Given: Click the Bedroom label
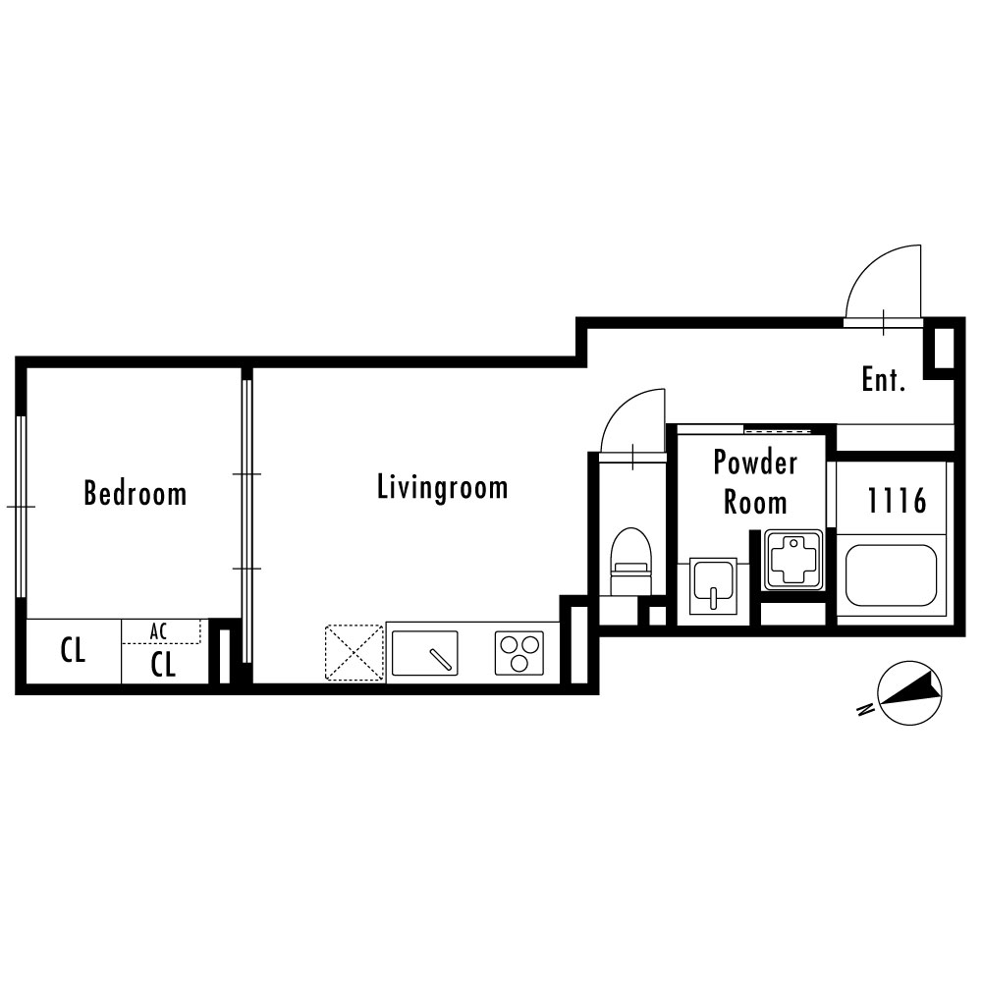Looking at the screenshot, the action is tap(136, 493).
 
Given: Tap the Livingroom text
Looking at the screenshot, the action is tap(442, 488).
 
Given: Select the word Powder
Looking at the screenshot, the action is tap(755, 463).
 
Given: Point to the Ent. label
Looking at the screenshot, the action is tap(884, 379).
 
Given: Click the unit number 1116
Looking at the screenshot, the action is tap(897, 501).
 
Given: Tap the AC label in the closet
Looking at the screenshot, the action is tap(158, 631).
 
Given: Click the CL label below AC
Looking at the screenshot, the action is tap(163, 665).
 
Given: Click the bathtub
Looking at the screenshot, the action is tap(892, 575).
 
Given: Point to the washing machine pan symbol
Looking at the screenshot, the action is tap(792, 560).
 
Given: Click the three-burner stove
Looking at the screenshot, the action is tap(519, 653).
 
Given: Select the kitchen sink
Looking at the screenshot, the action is tap(424, 653).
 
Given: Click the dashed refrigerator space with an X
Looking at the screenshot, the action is tap(354, 653).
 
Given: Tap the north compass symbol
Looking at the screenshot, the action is tap(910, 693).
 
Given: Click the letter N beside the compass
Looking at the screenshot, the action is tap(865, 710).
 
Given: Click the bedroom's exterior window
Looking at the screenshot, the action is tap(22, 507).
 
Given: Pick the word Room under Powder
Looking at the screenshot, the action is tap(755, 503).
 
